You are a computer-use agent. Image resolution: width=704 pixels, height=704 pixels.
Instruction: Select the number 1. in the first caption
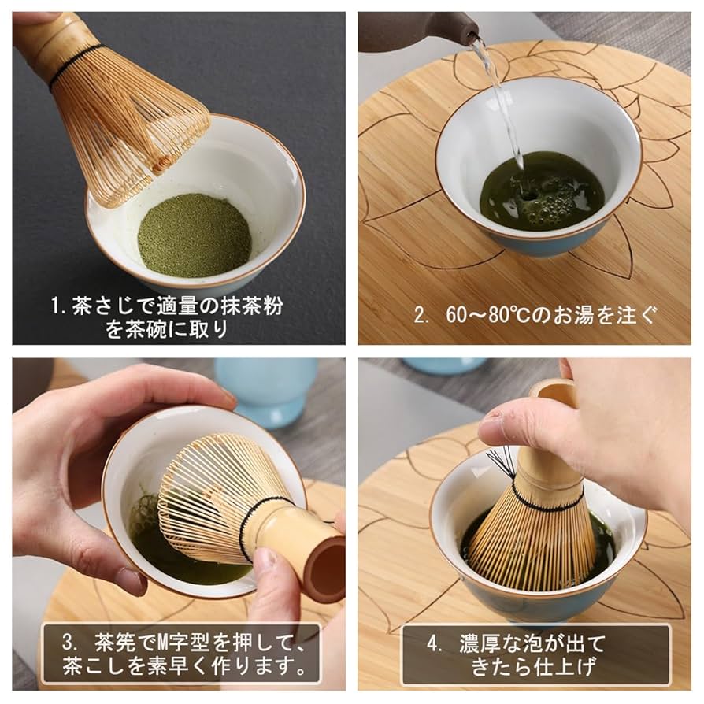tap(60, 305)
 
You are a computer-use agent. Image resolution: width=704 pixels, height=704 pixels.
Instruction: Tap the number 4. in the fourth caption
tap(435, 642)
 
